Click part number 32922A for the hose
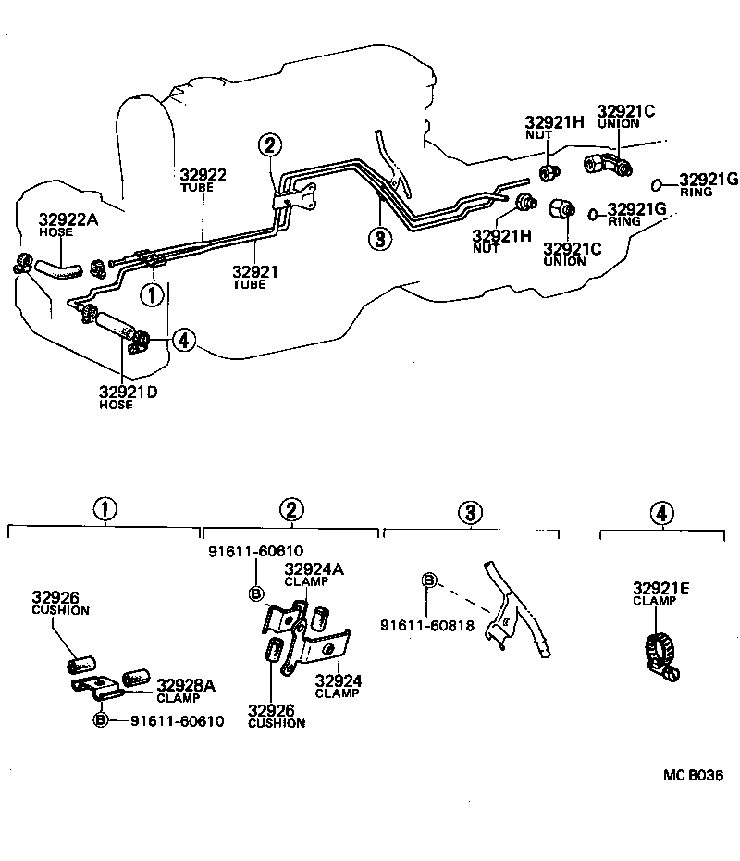tap(68, 219)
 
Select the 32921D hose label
tap(129, 392)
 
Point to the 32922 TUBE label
tap(203, 174)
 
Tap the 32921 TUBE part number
tap(254, 272)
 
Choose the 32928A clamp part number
tap(185, 685)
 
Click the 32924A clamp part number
tap(314, 568)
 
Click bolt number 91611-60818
tap(427, 626)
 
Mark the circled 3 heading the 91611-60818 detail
tap(470, 511)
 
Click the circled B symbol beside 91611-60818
tap(429, 580)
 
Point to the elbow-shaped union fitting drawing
tap(607, 167)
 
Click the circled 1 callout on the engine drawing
tap(150, 294)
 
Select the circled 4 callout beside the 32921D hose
tap(183, 342)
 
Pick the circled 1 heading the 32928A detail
tap(105, 509)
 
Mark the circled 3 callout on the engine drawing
tap(378, 238)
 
